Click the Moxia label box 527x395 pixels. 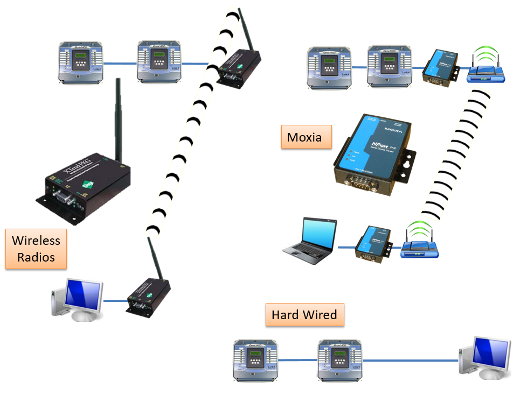304,137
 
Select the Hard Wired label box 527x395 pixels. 304,315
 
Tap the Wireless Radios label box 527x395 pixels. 36,249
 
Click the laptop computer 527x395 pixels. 312,242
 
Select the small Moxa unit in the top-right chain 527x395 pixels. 440,67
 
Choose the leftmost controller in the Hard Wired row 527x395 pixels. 256,360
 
